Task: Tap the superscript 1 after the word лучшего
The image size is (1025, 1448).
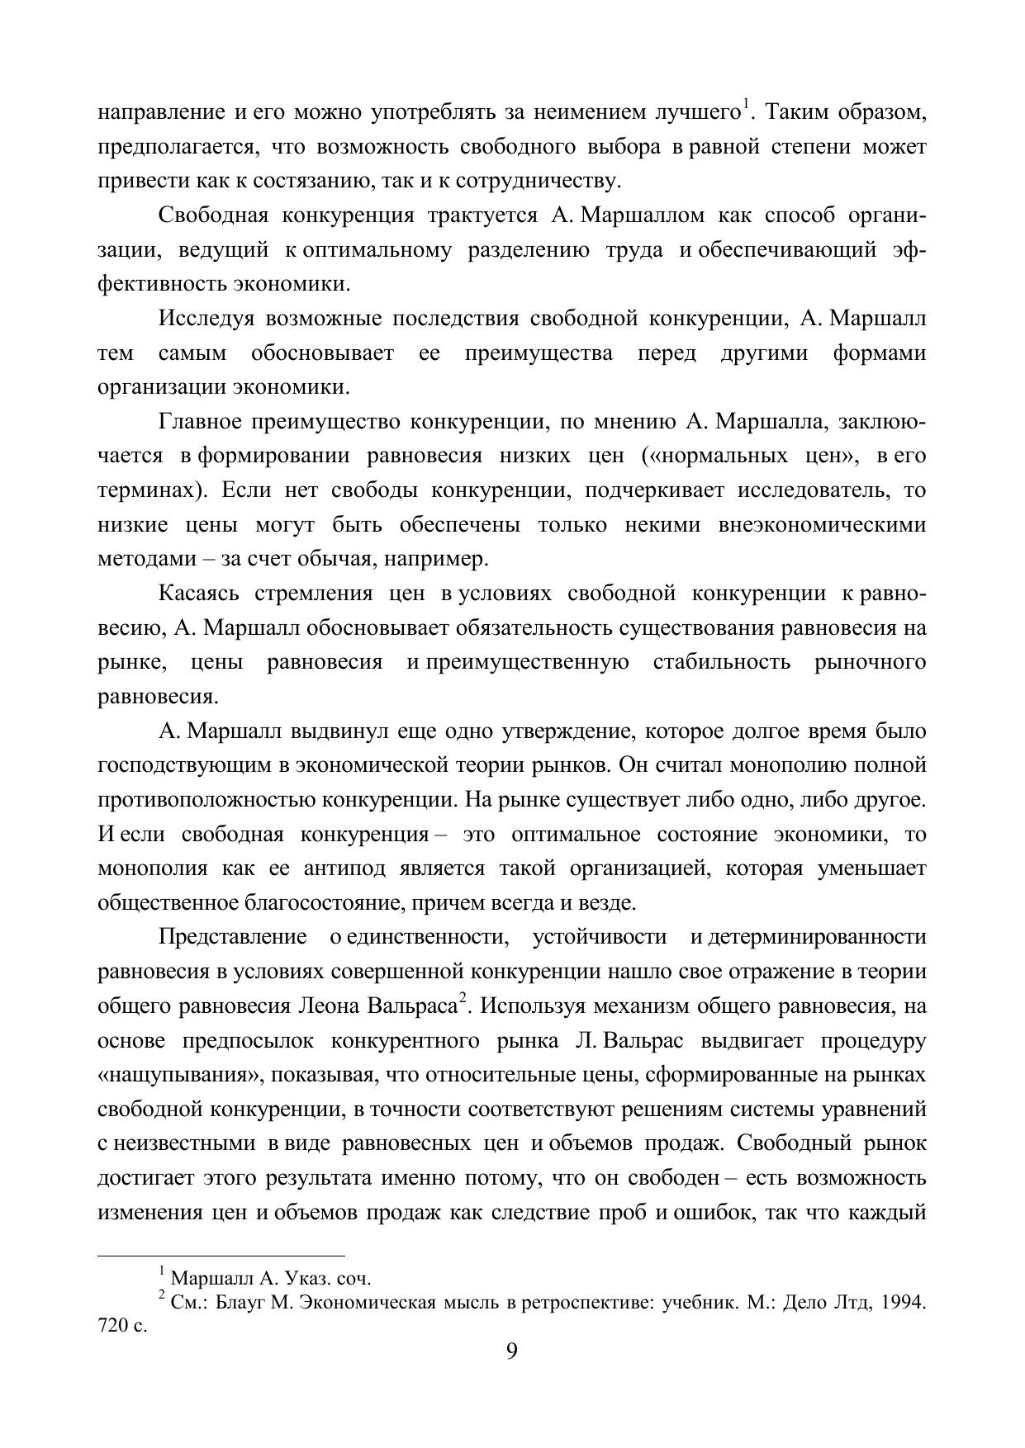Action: tap(745, 105)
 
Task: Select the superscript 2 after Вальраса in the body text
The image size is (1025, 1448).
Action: tap(463, 1000)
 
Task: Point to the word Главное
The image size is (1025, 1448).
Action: tap(199, 422)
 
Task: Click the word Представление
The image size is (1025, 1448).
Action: tap(232, 937)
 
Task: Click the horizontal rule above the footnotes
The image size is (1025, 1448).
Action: tap(221, 1256)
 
